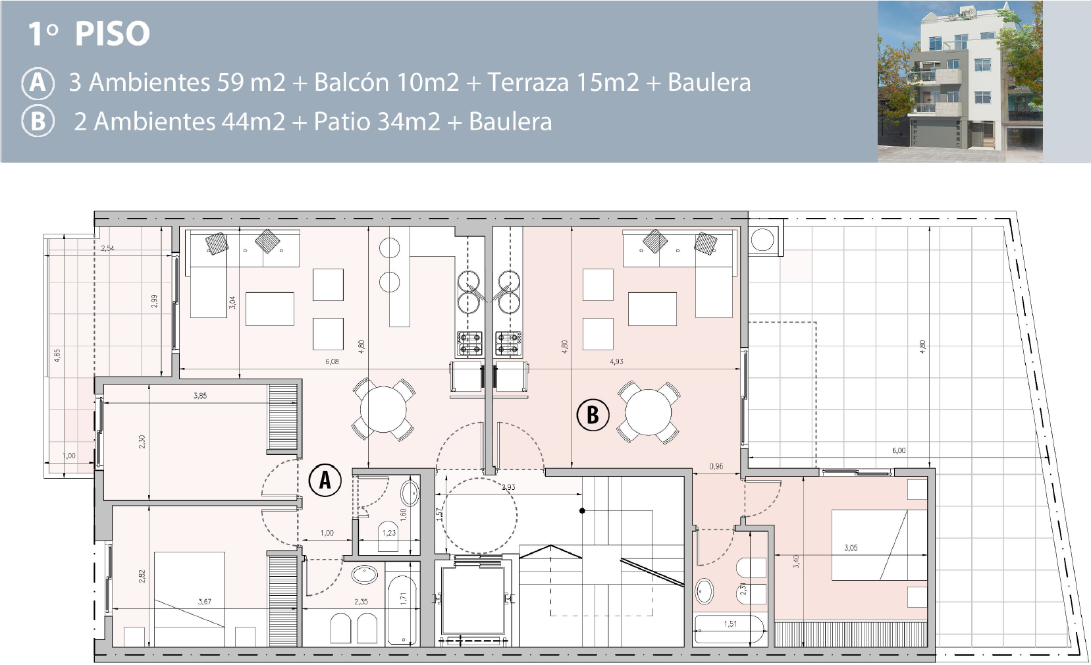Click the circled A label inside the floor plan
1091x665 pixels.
click(325, 480)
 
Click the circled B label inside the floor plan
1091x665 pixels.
click(593, 415)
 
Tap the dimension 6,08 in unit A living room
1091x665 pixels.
click(332, 361)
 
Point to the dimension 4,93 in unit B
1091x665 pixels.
click(616, 361)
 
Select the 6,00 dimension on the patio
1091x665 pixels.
click(899, 451)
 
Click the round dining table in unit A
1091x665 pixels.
click(384, 409)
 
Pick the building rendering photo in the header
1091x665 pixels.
click(959, 81)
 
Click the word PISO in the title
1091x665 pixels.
click(113, 34)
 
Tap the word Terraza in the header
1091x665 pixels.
click(528, 82)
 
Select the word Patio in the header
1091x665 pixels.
click(341, 122)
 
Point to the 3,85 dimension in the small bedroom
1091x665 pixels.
click(200, 396)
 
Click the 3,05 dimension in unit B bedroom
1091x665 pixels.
click(851, 547)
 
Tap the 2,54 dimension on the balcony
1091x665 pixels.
click(108, 248)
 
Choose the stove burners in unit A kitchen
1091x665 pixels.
click(470, 344)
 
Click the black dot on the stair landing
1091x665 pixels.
click(582, 510)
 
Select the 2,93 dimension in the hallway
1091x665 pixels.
click(508, 487)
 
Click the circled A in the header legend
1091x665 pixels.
click(38, 83)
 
